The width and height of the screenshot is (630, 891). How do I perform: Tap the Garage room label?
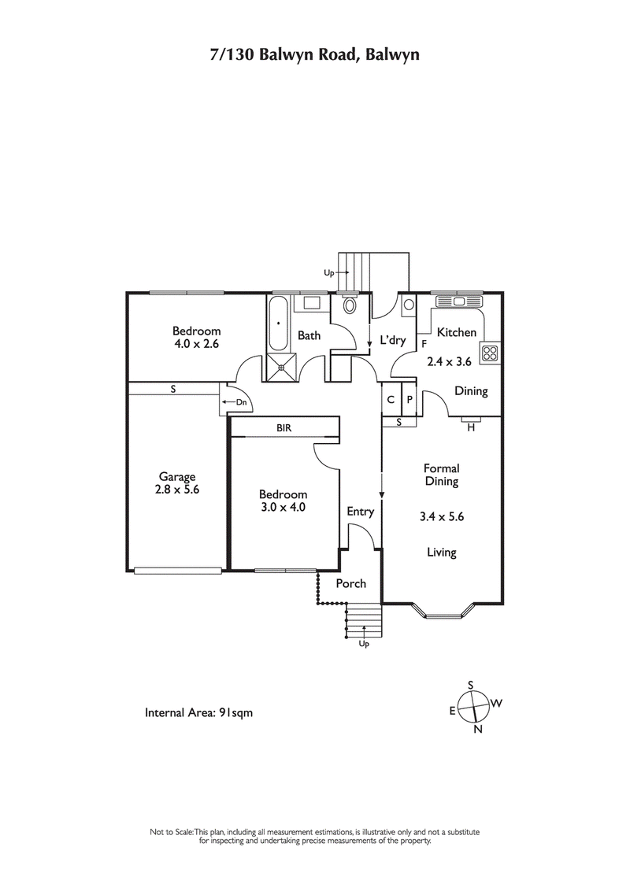point(177,476)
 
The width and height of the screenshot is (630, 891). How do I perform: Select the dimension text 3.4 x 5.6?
point(441,517)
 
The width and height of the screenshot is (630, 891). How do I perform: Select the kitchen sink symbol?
point(460,300)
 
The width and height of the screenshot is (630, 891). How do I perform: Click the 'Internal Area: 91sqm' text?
point(198,713)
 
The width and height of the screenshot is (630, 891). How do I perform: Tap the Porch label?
point(351,583)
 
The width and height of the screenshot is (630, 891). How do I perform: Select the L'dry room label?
point(392,341)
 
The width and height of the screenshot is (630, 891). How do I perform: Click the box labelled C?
point(391,398)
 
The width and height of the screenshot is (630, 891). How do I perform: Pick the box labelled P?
point(409,398)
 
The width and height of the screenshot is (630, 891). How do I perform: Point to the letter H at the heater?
point(471,427)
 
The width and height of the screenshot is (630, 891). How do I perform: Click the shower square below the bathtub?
point(280,363)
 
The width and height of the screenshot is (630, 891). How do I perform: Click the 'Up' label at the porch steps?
point(364,644)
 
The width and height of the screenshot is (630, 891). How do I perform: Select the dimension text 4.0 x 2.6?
point(196,344)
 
